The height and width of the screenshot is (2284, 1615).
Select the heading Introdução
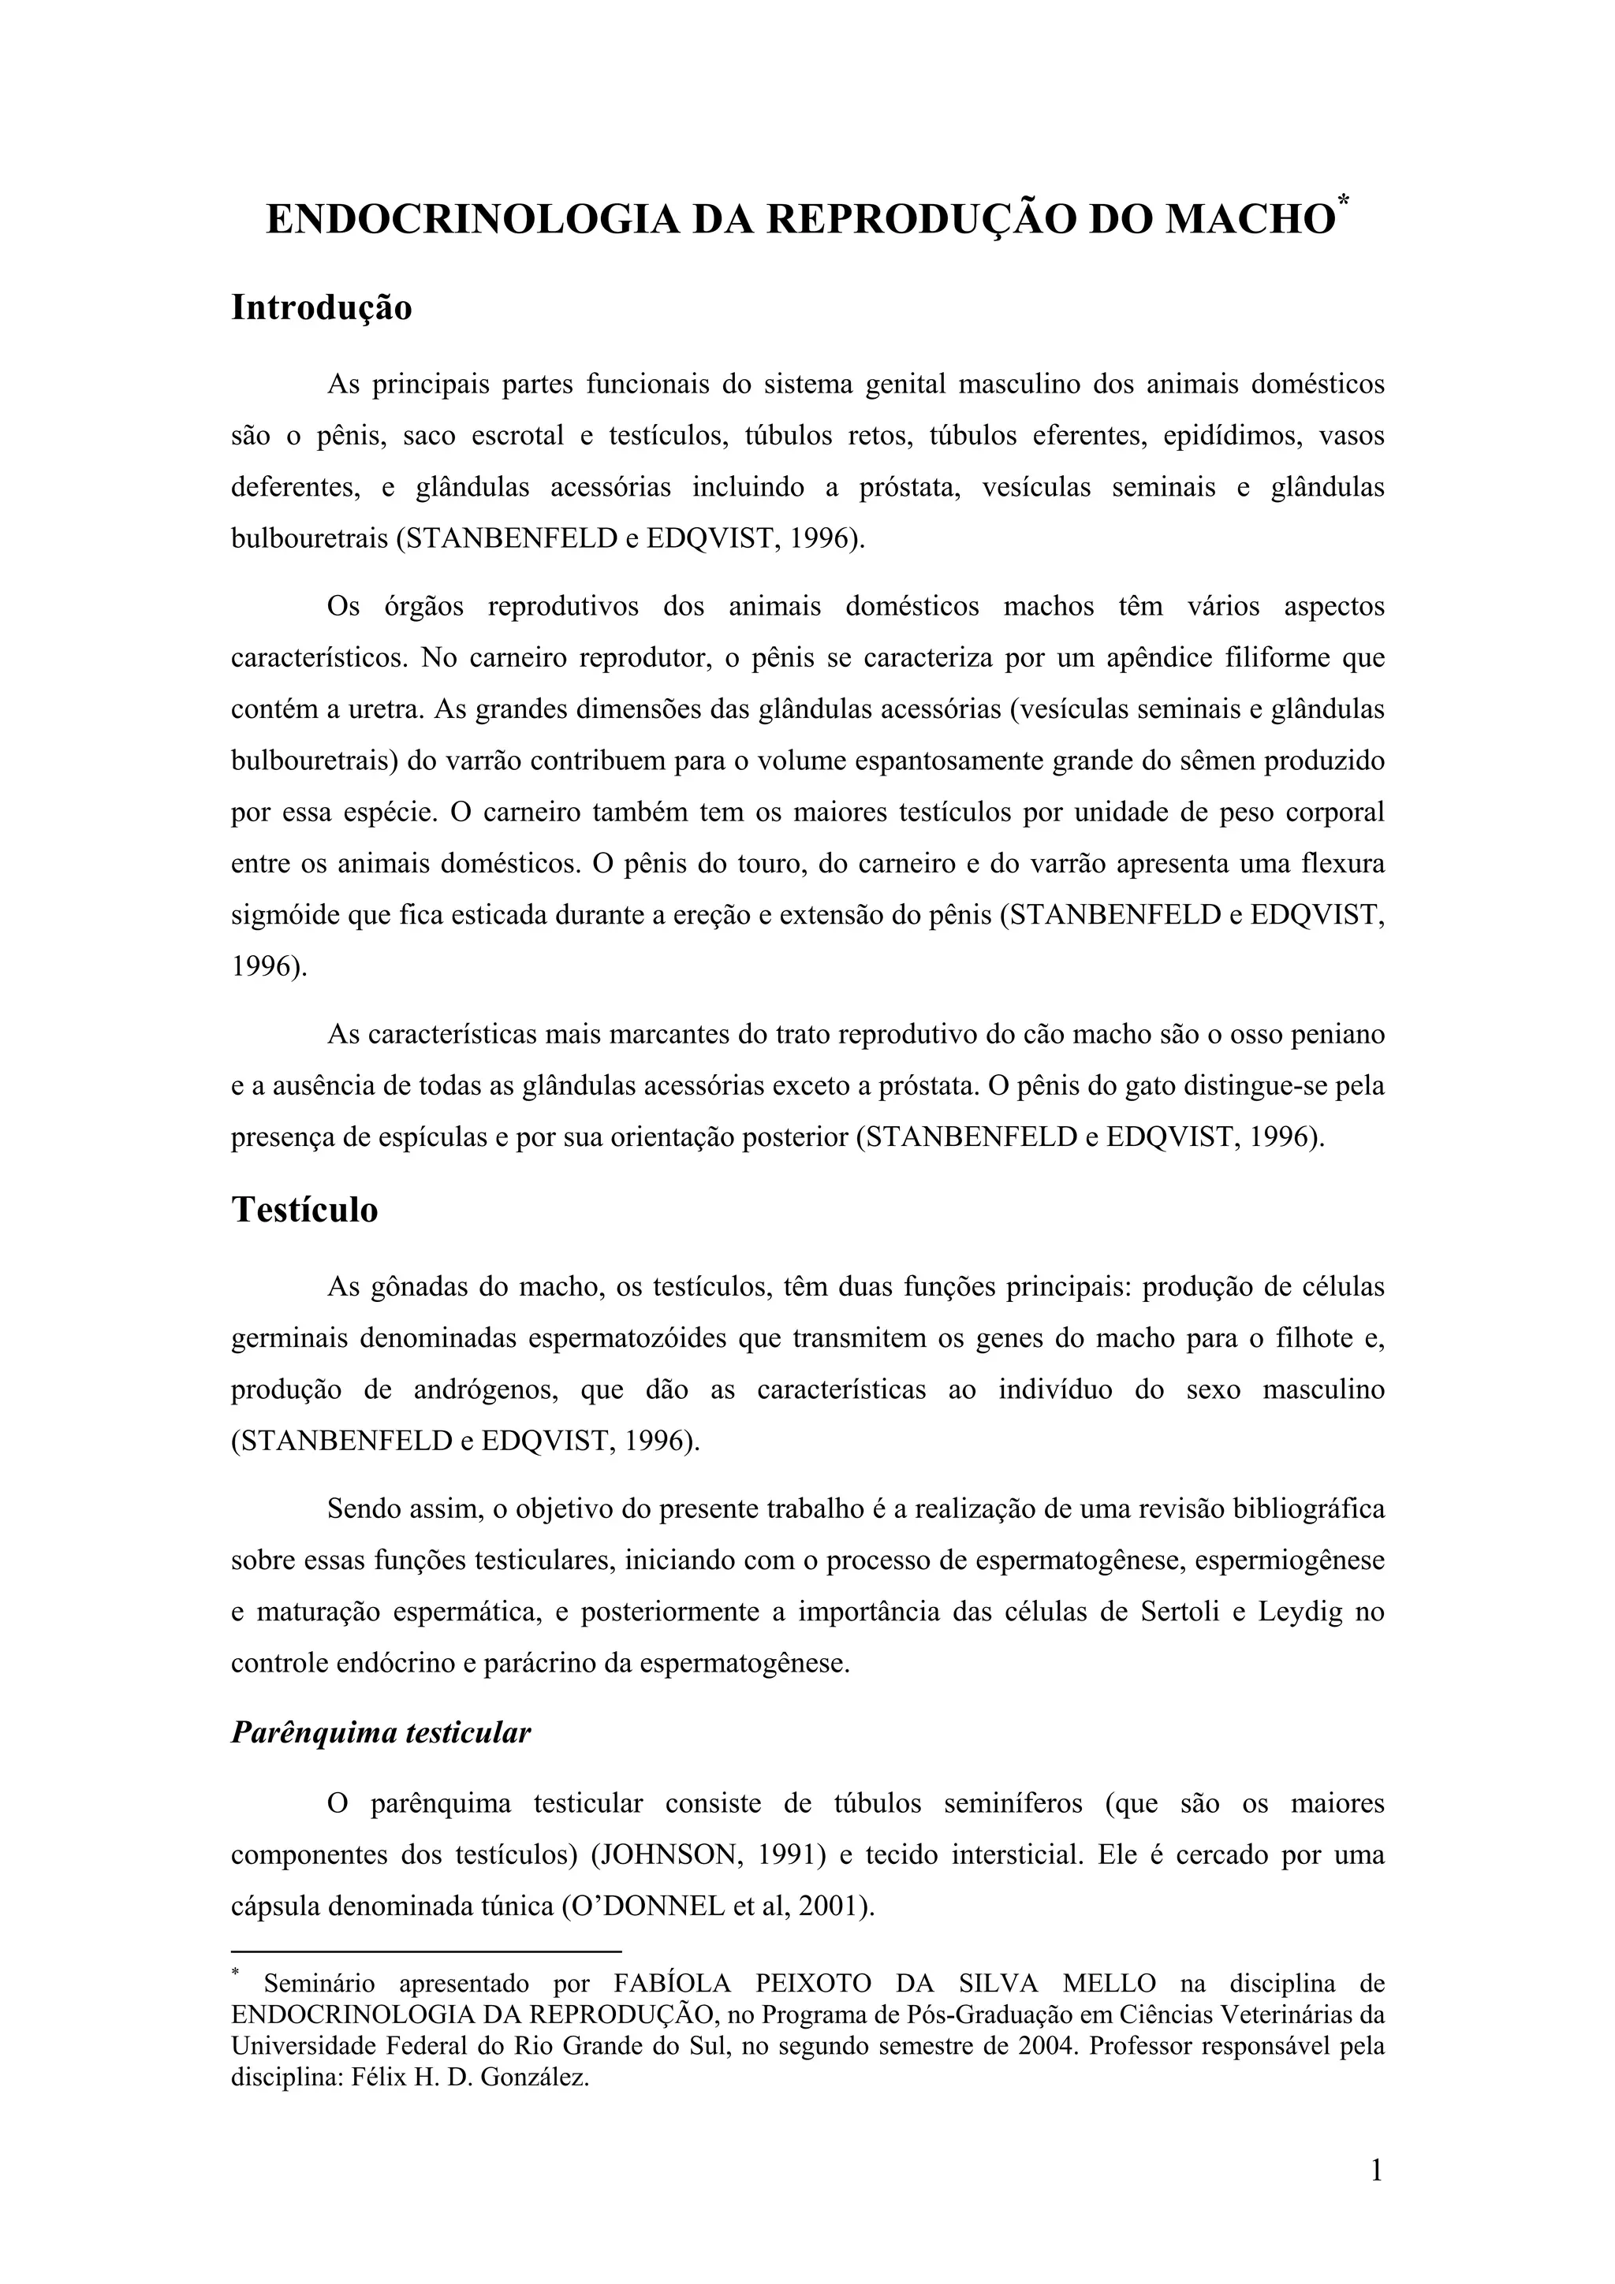coord(322,307)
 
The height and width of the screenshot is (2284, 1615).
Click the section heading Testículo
coord(304,1210)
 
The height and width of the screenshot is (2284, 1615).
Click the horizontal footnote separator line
coord(426,1951)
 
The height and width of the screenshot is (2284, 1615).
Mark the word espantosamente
coord(892,761)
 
